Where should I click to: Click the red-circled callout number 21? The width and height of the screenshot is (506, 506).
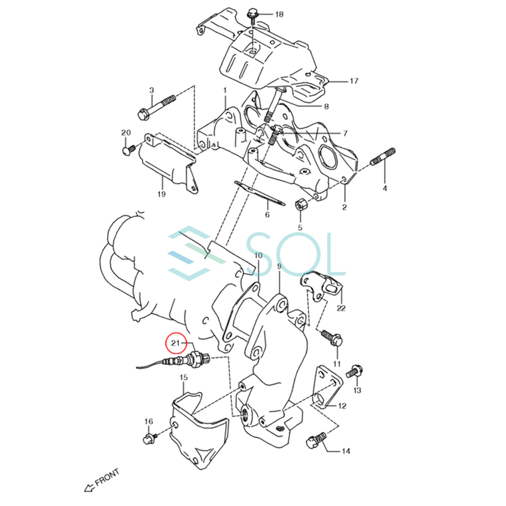click(175, 343)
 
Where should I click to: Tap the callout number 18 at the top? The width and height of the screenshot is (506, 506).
click(280, 14)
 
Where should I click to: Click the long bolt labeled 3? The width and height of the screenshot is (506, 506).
click(157, 108)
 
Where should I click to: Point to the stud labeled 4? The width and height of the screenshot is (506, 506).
click(383, 156)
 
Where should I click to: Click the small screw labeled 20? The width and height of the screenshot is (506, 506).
click(129, 150)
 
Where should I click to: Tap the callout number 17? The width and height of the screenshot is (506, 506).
click(354, 81)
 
